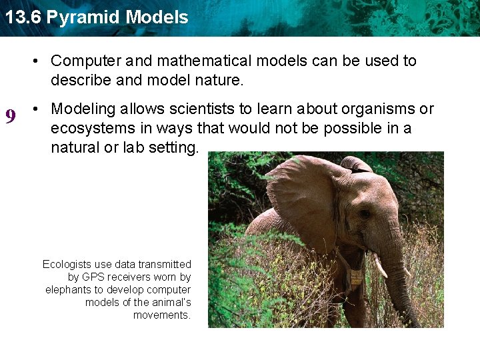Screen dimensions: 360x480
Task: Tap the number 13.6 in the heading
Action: pyautogui.click(x=23, y=17)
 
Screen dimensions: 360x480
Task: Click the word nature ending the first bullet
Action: pyautogui.click(x=221, y=81)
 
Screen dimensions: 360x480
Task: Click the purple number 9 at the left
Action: pyautogui.click(x=11, y=117)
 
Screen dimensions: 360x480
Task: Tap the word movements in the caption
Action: pyautogui.click(x=162, y=315)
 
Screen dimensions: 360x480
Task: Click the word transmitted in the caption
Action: pyautogui.click(x=165, y=265)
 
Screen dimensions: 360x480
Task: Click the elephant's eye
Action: pyautogui.click(x=365, y=214)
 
